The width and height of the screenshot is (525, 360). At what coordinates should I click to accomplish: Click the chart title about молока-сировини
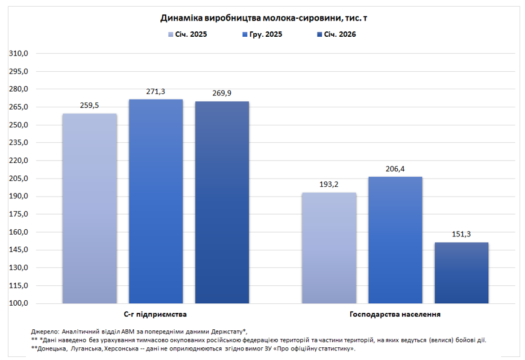click(x=263, y=19)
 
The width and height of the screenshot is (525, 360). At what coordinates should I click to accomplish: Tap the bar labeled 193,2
click(x=329, y=248)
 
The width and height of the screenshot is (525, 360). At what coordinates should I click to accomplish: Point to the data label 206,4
click(x=395, y=169)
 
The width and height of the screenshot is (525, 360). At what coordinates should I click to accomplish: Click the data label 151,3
click(x=461, y=235)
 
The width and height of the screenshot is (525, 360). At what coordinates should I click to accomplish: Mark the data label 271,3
click(x=156, y=92)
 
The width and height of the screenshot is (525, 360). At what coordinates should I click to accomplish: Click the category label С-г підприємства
click(x=156, y=315)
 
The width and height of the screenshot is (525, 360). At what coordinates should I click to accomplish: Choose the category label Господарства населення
click(x=395, y=315)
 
